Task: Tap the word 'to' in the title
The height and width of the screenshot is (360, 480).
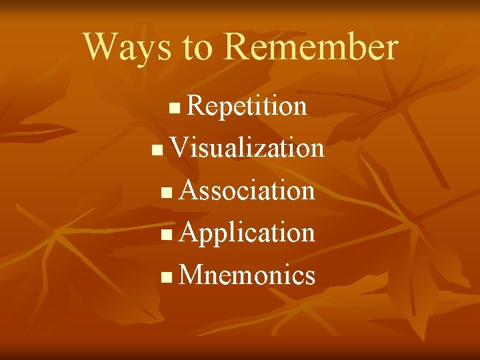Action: pyautogui.click(x=197, y=48)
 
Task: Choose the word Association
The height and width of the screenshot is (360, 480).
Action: pyautogui.click(x=247, y=191)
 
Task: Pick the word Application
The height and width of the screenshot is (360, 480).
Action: pyautogui.click(x=247, y=233)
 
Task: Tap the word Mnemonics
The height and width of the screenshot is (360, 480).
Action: pyautogui.click(x=247, y=275)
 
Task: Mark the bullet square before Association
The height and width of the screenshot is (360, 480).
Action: pyautogui.click(x=166, y=193)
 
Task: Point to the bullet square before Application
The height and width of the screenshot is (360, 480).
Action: pyautogui.click(x=166, y=235)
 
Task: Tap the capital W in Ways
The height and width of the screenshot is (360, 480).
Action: pyautogui.click(x=101, y=47)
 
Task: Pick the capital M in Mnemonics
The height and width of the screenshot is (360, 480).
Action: pyautogui.click(x=191, y=275)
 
